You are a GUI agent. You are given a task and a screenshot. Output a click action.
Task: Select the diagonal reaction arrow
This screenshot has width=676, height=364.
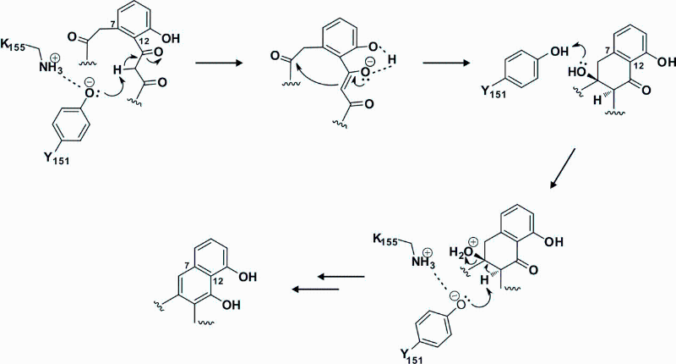coord(563,168)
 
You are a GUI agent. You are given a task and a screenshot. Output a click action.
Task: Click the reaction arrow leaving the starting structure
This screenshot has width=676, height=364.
coord(219,63)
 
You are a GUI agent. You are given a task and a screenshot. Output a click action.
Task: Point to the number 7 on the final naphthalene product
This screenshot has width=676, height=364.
coord(187,264)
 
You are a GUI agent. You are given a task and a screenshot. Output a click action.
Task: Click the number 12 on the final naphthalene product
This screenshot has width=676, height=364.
coord(217,282)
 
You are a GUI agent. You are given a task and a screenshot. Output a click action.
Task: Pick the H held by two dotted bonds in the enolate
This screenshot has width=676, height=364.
coord(391,59)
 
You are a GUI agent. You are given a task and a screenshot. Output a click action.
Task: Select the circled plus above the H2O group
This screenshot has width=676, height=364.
coord(473,241)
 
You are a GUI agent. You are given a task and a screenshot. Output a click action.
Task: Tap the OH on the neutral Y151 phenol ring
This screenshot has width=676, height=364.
coord(559,52)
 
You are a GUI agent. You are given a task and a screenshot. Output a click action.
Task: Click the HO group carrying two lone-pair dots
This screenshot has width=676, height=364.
coord(578,73)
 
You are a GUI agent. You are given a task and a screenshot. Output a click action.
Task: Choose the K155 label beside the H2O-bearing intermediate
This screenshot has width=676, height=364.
coord(385,240)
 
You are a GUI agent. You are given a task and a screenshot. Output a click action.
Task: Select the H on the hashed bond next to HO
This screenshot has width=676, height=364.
coord(597,100)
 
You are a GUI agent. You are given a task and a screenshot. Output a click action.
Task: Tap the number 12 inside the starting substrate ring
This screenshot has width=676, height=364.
coord(144,42)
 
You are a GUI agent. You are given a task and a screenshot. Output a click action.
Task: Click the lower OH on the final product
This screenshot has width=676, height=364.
coord(231,306)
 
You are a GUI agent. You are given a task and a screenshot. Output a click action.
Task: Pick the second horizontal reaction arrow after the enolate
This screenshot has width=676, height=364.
coord(447,63)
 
